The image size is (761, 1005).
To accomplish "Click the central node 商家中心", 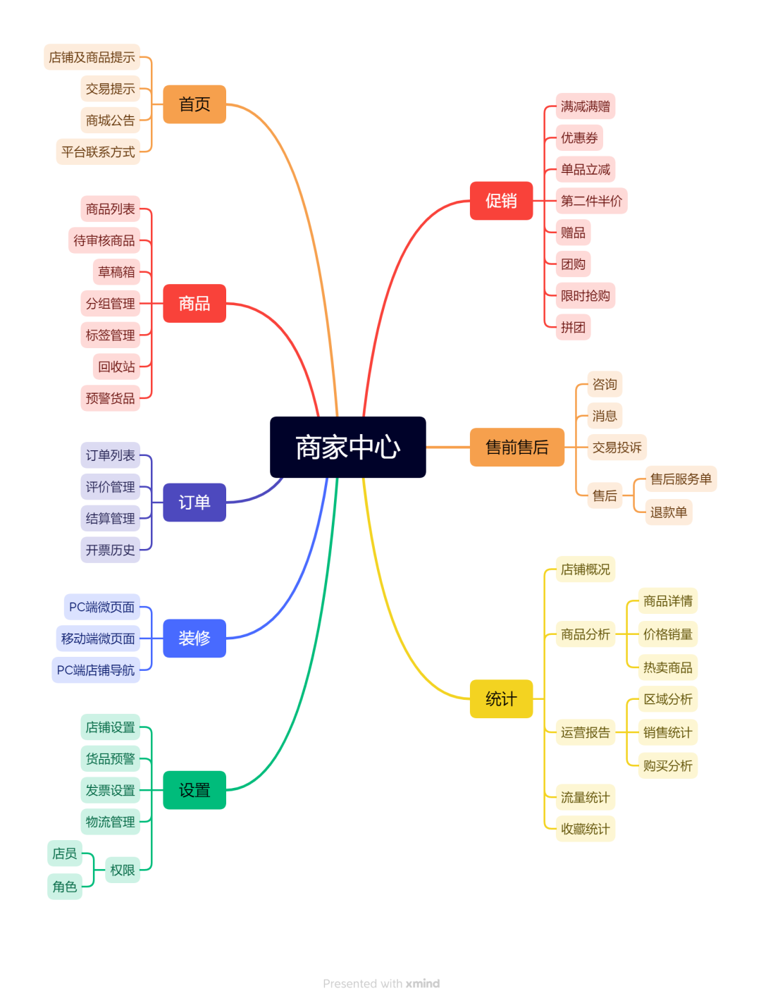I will (348, 448).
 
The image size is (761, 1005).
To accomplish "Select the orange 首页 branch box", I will (194, 104).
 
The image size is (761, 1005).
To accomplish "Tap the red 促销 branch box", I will (501, 201).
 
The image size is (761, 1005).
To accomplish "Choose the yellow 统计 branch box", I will (501, 699).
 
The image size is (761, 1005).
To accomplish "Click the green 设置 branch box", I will (194, 790).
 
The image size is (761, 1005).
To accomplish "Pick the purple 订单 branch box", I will (194, 503).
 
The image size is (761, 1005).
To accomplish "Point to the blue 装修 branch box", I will (194, 639).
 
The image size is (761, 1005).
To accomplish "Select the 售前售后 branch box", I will (517, 448).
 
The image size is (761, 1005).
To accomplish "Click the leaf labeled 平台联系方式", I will (98, 152).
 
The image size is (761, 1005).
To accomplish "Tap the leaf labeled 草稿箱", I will (116, 272).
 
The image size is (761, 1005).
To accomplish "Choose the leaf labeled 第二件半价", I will (591, 201).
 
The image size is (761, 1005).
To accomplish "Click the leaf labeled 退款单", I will (668, 512).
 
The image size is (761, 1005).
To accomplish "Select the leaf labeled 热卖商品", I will (667, 667).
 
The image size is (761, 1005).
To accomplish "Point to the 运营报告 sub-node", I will (585, 732).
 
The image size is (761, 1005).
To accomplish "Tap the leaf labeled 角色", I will (65, 887).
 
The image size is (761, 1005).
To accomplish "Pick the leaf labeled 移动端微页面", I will (98, 639).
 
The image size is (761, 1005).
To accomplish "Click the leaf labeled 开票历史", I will (110, 550).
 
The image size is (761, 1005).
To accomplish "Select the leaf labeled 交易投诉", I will (617, 448).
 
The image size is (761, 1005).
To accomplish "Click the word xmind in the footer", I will (423, 984).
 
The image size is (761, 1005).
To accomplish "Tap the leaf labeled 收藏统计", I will (585, 829).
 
